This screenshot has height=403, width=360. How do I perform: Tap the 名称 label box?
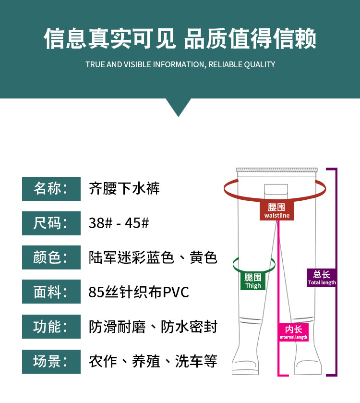(x=51, y=189)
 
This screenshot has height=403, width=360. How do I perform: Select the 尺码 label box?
(x=51, y=223)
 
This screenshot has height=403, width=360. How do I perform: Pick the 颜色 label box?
(x=51, y=257)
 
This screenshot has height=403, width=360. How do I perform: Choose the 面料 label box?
(x=51, y=292)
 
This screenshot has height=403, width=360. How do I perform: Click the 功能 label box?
(x=51, y=327)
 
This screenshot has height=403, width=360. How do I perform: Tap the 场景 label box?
(x=51, y=361)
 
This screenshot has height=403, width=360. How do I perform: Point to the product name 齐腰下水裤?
(x=124, y=188)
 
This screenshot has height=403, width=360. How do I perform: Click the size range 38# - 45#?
(x=119, y=223)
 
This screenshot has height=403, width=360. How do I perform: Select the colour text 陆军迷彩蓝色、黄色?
(x=153, y=258)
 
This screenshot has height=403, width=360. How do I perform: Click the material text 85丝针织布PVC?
(x=139, y=292)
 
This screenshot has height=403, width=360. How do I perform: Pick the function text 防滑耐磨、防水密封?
(x=153, y=327)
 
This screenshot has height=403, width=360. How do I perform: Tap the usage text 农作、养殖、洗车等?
(x=153, y=361)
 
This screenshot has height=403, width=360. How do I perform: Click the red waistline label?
(x=277, y=211)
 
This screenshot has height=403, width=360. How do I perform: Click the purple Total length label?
(x=322, y=278)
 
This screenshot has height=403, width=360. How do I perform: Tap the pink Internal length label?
(x=293, y=332)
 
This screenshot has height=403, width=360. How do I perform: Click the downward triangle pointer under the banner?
(x=178, y=107)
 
